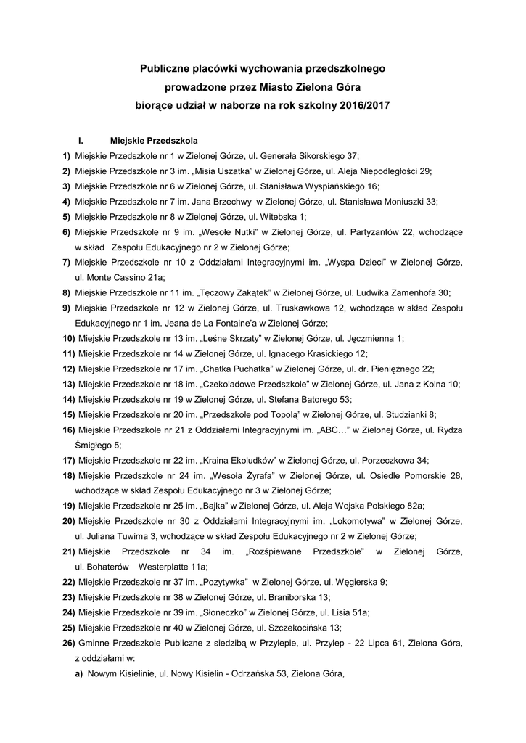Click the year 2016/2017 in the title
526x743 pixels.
[x=359, y=104]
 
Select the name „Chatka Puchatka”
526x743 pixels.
[x=231, y=369]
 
